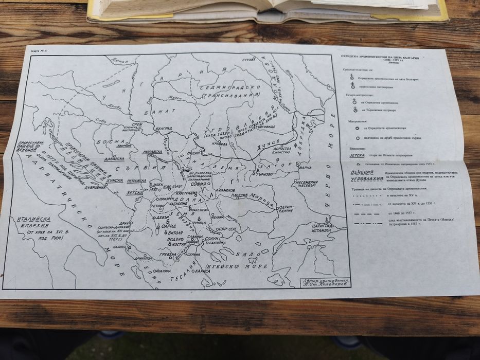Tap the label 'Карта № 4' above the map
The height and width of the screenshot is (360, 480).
coord(39,52)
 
